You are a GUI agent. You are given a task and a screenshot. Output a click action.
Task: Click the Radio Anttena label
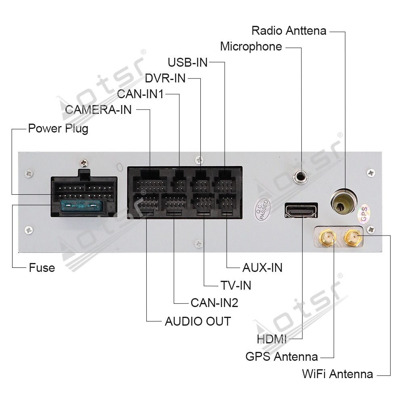tap(288, 31)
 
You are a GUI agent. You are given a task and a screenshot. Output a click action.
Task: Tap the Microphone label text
tap(251, 46)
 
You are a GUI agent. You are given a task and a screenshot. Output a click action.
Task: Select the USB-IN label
tap(187, 62)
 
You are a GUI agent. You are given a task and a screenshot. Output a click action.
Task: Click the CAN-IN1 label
tap(140, 94)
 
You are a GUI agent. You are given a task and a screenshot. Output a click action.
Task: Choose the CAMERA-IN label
tap(99, 109)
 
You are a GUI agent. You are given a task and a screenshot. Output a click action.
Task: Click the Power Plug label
tap(58, 129)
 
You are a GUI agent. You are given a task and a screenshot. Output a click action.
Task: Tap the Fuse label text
tap(42, 267)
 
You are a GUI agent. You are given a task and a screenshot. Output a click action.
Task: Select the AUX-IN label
tap(262, 267)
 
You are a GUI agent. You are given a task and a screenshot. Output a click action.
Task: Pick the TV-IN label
tap(236, 285)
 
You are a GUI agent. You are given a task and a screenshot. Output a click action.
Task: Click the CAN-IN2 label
tap(214, 303)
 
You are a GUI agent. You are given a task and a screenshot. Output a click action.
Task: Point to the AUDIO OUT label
tap(198, 322)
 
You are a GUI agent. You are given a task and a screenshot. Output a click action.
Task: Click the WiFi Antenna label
tap(337, 374)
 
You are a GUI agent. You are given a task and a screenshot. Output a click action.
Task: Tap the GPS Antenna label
tap(282, 357)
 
